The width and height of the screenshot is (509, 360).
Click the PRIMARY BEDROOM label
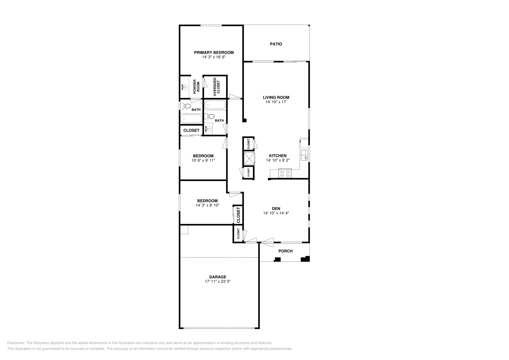214,52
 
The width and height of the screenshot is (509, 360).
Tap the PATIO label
276,44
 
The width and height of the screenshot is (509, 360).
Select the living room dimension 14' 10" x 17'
276,102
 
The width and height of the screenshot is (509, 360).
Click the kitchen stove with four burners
284,173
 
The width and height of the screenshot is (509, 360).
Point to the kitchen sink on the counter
304,155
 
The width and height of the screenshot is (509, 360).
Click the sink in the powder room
184,87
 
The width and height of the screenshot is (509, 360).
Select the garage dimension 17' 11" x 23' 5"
218,281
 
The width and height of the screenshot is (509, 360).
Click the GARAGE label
218,277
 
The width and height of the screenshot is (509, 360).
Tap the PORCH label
285,251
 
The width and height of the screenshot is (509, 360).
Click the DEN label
276,209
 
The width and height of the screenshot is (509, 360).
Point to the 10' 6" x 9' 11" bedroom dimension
203,160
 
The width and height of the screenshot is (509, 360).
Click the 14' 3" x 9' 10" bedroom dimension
207,205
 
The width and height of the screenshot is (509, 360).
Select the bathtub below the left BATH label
191,119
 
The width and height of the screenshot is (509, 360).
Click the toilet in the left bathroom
185,106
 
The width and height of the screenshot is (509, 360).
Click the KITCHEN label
278,156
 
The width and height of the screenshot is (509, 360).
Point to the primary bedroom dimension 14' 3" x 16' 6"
214,57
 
